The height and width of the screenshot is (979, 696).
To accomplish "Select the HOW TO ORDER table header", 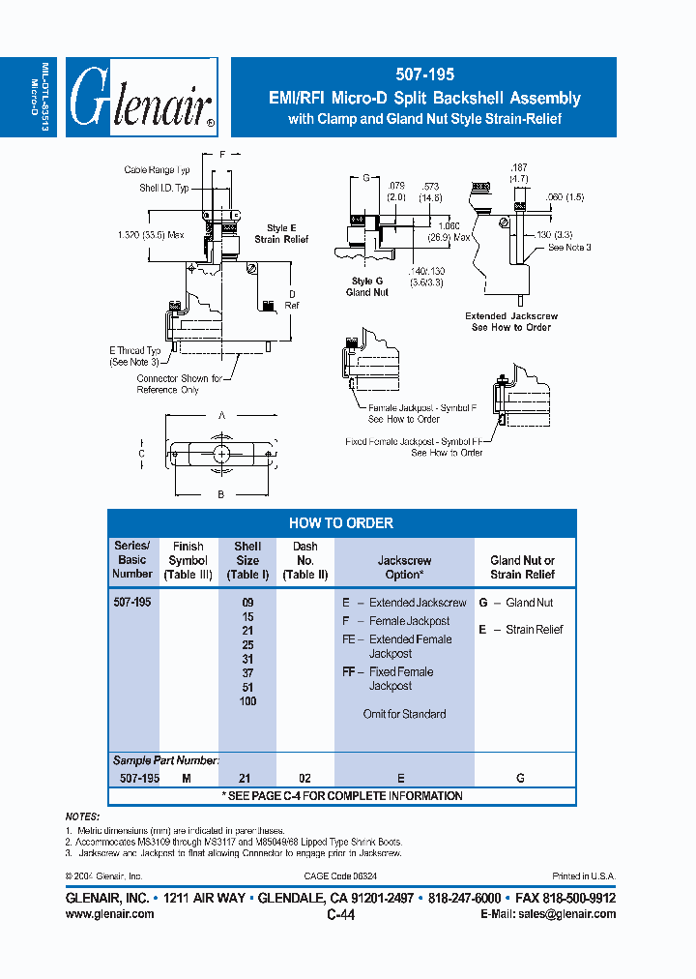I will [x=341, y=523].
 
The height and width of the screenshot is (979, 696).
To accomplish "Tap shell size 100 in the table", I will [x=247, y=701].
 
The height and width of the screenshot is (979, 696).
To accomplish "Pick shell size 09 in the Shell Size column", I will [x=247, y=603].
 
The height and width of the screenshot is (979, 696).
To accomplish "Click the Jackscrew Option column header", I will [x=404, y=567].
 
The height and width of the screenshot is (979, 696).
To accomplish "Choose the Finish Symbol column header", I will [x=188, y=561].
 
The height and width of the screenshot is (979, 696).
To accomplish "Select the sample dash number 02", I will [x=305, y=778].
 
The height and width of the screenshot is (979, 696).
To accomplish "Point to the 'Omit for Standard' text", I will [x=404, y=714].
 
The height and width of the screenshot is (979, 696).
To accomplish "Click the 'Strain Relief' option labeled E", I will [x=528, y=630].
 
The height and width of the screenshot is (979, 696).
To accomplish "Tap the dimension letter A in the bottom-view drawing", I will [x=222, y=414].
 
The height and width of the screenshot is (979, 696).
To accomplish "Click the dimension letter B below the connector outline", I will [x=221, y=494].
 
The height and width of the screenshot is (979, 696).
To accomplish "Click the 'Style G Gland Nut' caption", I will [x=367, y=287].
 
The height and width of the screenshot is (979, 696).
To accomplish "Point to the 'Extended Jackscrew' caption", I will [x=511, y=316].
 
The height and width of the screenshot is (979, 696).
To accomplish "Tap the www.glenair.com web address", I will [x=109, y=913].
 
